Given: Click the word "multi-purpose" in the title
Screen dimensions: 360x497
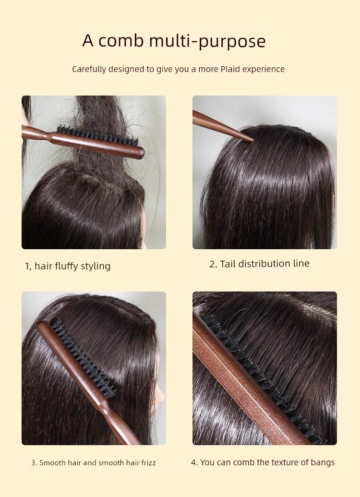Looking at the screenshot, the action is [x=207, y=41].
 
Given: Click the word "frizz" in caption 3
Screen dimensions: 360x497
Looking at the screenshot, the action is [x=148, y=463].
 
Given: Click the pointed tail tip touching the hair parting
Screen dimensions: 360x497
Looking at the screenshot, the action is [x=252, y=140].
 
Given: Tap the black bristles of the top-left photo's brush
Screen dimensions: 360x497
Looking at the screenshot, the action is [x=97, y=135].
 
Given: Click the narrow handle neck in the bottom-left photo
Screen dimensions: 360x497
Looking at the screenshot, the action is [x=104, y=408].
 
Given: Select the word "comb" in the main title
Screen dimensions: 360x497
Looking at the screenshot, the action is [x=121, y=40].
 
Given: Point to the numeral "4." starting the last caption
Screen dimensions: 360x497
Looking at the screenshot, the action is [x=194, y=462].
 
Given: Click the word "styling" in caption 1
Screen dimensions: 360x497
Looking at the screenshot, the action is [x=96, y=266].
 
